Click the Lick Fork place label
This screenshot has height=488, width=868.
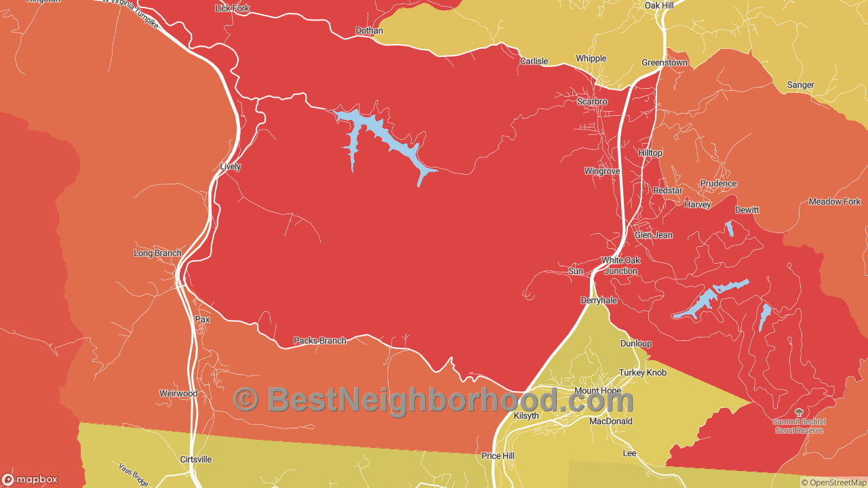[x=232, y=8]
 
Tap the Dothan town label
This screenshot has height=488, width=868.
[x=369, y=30]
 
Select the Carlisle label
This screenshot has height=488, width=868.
[x=534, y=61]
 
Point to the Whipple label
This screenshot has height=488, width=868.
[x=591, y=58]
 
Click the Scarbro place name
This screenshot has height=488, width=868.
[x=592, y=102]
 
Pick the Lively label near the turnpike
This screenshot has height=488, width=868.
[x=231, y=166]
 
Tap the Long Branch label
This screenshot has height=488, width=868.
[x=157, y=253]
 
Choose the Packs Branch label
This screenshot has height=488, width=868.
[x=319, y=340]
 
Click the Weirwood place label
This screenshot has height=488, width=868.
[x=178, y=393]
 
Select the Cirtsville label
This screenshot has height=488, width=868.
[x=196, y=460]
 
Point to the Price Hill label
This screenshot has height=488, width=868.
[x=498, y=456]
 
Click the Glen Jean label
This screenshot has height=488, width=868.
[x=654, y=235]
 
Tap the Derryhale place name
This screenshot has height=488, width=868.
[x=599, y=300]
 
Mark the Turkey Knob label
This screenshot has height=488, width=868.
[x=642, y=373]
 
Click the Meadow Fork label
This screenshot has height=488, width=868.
[x=834, y=202]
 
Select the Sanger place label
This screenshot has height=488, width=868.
[x=800, y=85]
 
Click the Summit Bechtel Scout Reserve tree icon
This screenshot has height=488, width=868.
[x=798, y=411]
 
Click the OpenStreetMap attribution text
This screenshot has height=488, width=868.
[x=833, y=483]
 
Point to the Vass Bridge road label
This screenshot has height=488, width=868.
[x=133, y=474]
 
